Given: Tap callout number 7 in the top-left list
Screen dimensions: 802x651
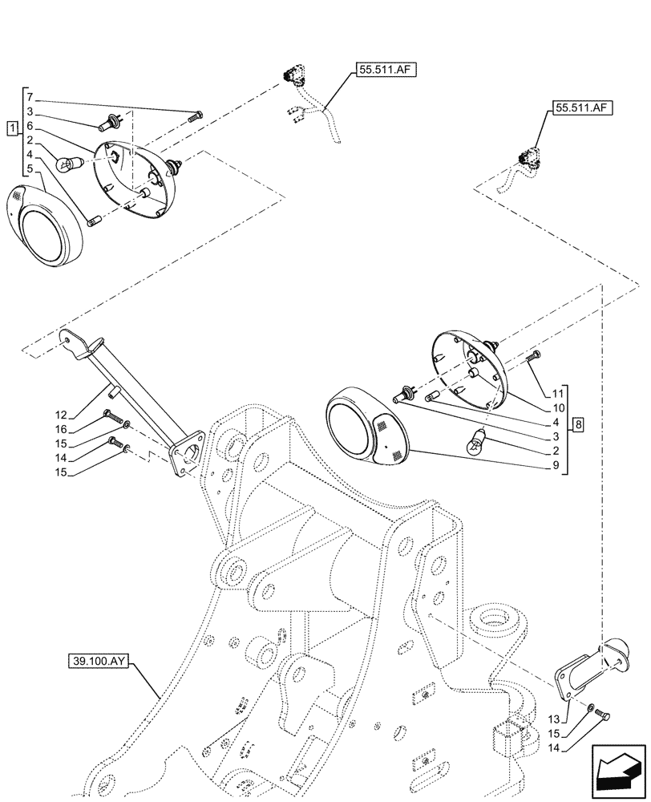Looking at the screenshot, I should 28,97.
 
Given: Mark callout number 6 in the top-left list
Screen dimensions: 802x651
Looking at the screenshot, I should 28,126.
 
